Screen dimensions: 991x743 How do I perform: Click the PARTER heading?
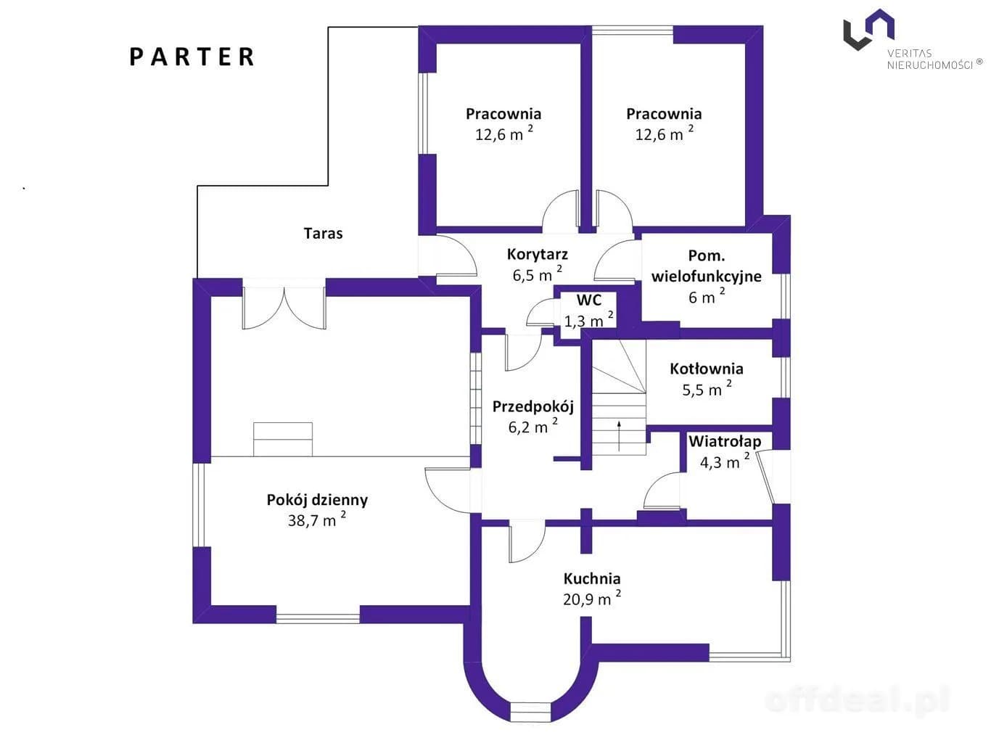click(192, 57)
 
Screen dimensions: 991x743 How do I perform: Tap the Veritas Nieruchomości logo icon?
click(868, 29)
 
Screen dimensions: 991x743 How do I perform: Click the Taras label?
click(323, 234)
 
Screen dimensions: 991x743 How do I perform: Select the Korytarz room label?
click(537, 255)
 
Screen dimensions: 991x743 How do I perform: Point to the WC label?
click(589, 300)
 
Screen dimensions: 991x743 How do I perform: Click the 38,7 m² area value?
click(317, 520)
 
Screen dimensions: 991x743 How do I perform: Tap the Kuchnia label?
click(591, 578)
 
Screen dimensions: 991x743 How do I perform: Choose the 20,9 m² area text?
click(591, 598)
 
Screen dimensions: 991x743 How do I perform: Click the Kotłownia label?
click(706, 369)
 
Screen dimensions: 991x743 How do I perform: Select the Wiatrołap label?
click(725, 441)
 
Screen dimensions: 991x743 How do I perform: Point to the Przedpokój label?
click(532, 407)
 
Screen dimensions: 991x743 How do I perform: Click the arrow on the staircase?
click(619, 436)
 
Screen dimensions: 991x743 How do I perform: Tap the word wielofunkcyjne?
click(706, 276)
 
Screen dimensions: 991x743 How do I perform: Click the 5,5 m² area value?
click(707, 389)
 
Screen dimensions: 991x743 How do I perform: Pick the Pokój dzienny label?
click(317, 500)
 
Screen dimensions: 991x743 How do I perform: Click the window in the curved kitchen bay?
click(530, 711)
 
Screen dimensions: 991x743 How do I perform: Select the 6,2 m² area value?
click(532, 426)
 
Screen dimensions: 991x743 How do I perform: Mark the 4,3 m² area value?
click(725, 461)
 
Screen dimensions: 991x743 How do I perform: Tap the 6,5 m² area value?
click(538, 274)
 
